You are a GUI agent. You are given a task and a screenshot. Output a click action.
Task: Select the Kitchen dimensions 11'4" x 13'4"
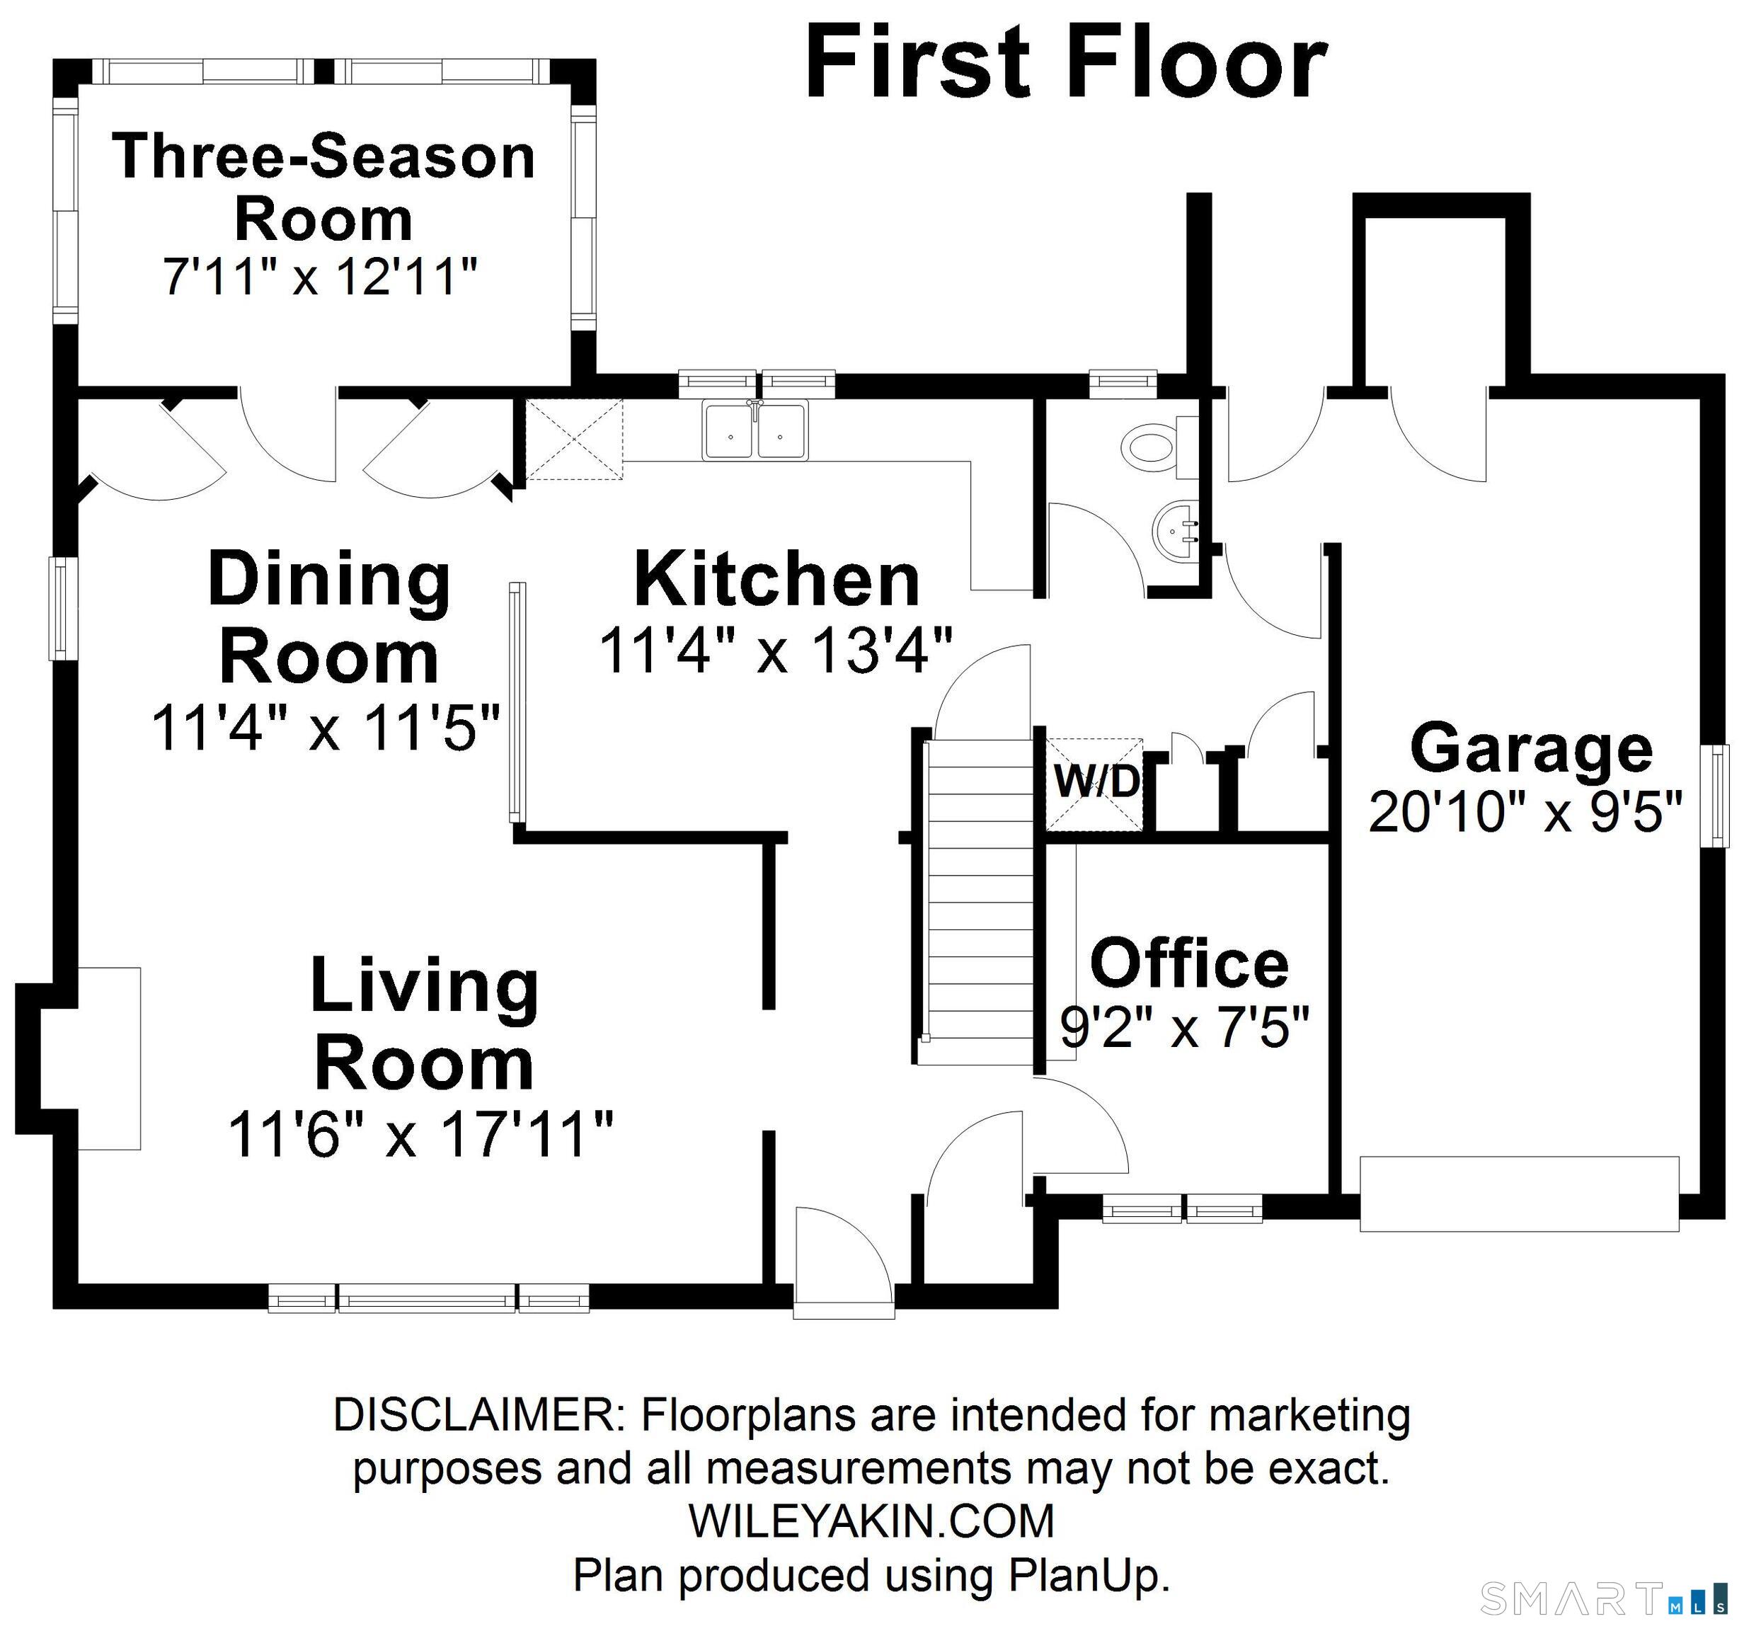pos(776,651)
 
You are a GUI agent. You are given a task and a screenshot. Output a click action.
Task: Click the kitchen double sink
pos(755,430)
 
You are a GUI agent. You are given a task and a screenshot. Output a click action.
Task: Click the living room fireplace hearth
pos(110,1058)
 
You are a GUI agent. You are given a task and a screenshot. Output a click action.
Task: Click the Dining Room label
pos(329,618)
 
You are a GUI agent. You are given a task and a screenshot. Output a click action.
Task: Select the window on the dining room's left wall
pos(59,608)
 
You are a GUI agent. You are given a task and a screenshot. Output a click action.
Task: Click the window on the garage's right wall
pos(1715,795)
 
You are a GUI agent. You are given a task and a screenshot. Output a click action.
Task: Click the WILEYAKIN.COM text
pos(871,1521)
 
